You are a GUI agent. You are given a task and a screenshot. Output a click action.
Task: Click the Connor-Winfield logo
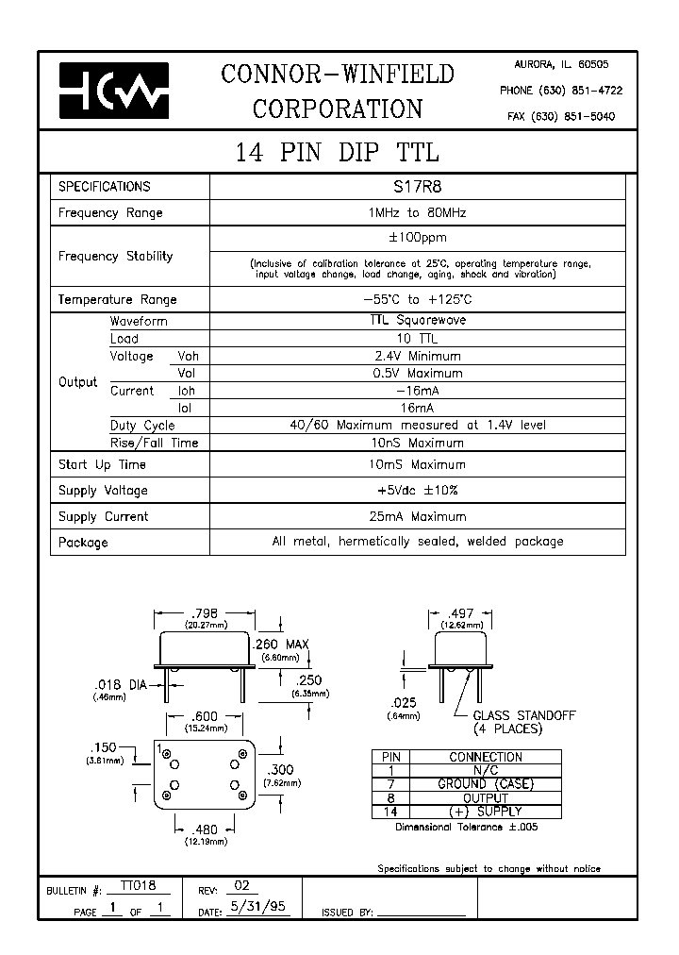tap(114, 90)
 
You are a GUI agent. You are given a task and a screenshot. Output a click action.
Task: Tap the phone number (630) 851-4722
tap(560, 90)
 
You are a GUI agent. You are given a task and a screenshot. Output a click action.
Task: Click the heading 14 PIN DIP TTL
tap(337, 153)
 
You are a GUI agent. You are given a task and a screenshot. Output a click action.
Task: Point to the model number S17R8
tap(416, 187)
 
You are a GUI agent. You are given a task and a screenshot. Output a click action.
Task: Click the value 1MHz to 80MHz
tap(416, 212)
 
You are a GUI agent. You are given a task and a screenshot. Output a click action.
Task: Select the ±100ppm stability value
tap(416, 238)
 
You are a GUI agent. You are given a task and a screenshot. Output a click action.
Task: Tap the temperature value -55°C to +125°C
tap(416, 299)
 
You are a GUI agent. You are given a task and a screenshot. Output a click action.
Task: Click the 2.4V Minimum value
tap(416, 356)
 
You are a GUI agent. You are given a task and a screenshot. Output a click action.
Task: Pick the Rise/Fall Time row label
tap(154, 443)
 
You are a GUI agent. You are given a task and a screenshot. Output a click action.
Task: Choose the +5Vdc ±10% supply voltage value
tap(416, 490)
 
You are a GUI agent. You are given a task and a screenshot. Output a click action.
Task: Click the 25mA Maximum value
tap(416, 516)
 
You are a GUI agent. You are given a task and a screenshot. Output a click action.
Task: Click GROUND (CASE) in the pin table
tap(485, 784)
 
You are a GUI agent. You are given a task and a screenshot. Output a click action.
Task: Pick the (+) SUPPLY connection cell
tap(485, 811)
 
